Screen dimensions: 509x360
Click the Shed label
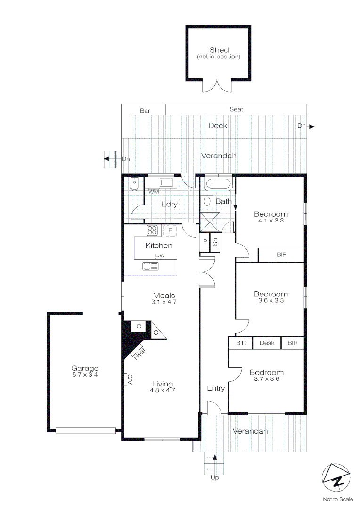(x=219, y=50)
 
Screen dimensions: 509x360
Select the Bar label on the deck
(x=145, y=111)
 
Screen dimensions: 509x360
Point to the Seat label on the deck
(x=236, y=109)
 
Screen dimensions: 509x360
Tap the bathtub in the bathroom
(x=218, y=184)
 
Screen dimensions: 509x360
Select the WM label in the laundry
(x=154, y=192)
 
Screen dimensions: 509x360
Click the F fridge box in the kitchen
(x=170, y=231)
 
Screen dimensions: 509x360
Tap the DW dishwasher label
(x=160, y=256)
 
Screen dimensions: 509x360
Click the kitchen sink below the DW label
(x=151, y=266)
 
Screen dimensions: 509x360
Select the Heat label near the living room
(x=139, y=353)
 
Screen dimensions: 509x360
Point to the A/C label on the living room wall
(x=130, y=379)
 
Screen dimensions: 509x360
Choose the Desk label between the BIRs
(x=267, y=343)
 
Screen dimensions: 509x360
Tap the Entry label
(x=216, y=388)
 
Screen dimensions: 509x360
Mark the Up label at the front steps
(x=214, y=477)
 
